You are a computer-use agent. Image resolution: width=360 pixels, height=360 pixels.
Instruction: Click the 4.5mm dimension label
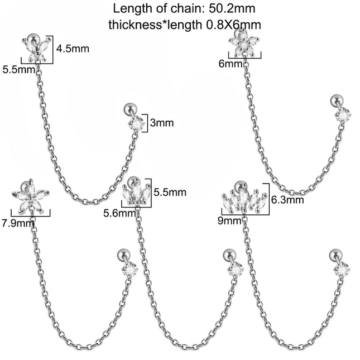[73, 49]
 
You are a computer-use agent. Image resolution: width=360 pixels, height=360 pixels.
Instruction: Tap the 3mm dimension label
[162, 123]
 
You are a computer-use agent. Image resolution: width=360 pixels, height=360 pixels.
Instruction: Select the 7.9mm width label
[18, 223]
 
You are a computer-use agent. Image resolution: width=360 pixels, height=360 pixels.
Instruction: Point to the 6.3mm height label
[287, 200]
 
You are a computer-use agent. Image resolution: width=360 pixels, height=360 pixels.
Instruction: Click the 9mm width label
[229, 221]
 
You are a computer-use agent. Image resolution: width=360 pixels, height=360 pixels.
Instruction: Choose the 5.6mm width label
[119, 213]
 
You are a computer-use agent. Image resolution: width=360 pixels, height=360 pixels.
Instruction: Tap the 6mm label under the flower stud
[231, 64]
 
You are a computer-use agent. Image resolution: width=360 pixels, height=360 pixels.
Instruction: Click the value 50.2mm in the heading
[232, 9]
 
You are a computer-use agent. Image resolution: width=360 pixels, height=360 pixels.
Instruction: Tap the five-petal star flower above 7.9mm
[30, 196]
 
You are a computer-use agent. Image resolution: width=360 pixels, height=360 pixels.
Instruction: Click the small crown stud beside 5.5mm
[136, 191]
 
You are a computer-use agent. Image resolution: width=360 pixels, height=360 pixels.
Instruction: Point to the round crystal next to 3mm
[136, 124]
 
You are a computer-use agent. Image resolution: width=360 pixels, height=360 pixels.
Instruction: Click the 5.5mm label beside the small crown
[170, 192]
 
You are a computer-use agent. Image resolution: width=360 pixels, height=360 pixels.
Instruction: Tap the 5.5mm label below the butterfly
[19, 69]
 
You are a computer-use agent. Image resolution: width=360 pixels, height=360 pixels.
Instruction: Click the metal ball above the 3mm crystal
[130, 108]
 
